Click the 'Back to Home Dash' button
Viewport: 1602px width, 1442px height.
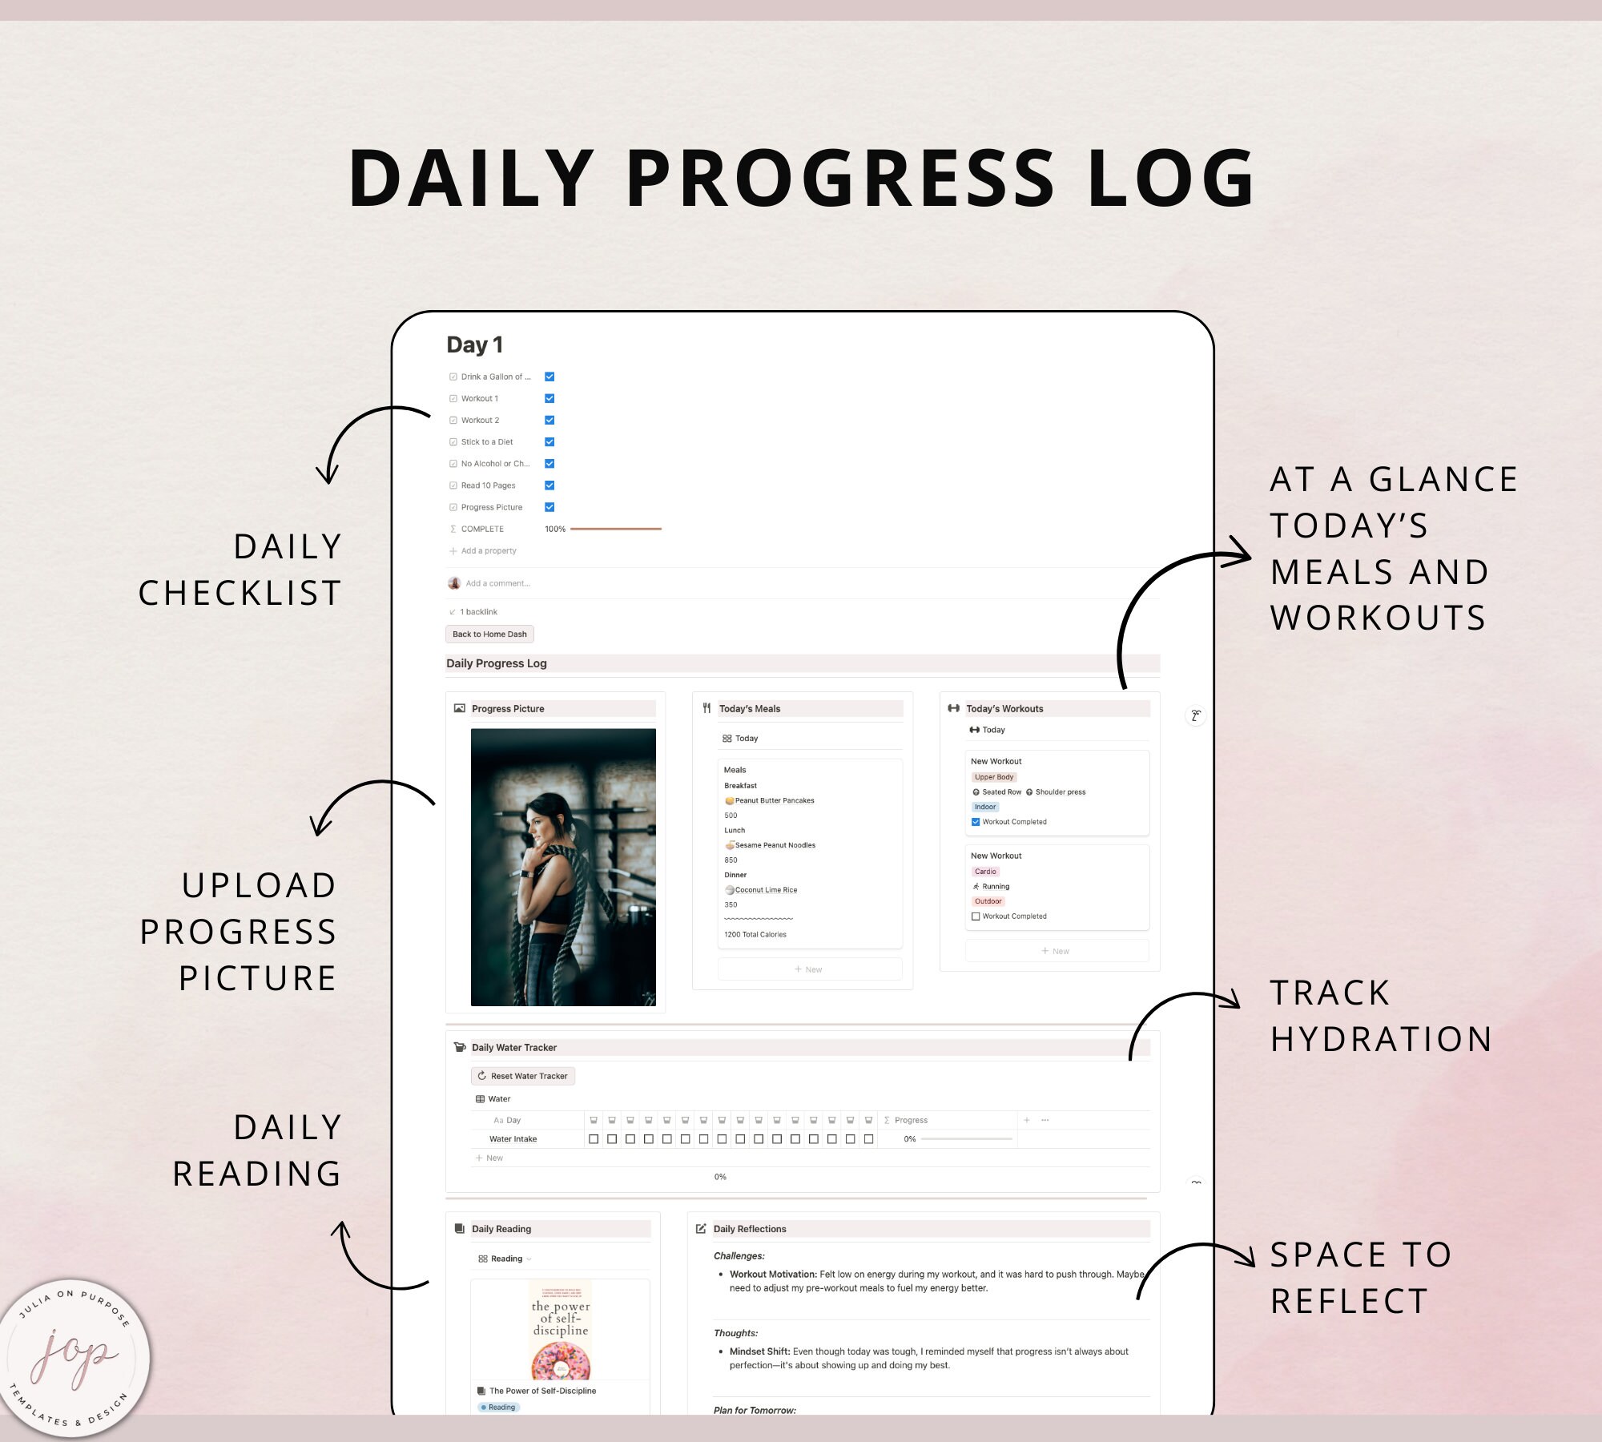(489, 634)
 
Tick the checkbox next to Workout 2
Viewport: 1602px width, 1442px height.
(549, 420)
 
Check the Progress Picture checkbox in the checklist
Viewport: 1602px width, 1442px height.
(549, 507)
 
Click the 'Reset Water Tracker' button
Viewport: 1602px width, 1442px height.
(523, 1076)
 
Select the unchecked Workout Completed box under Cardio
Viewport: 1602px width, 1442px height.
(976, 916)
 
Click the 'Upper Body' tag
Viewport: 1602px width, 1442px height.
(994, 777)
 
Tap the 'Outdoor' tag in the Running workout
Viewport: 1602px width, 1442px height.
(988, 901)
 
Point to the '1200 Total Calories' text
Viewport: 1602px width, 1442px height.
(755, 934)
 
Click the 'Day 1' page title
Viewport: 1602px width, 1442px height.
(474, 344)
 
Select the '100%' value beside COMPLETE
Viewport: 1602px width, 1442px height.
(555, 529)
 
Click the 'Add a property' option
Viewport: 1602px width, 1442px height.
(489, 551)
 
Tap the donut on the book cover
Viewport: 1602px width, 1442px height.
(561, 1359)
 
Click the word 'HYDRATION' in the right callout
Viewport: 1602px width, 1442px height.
(1381, 1039)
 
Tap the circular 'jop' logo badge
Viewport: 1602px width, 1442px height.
(74, 1358)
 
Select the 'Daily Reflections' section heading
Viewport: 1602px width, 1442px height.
(750, 1229)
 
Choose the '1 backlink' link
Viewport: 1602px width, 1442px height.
(478, 612)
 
